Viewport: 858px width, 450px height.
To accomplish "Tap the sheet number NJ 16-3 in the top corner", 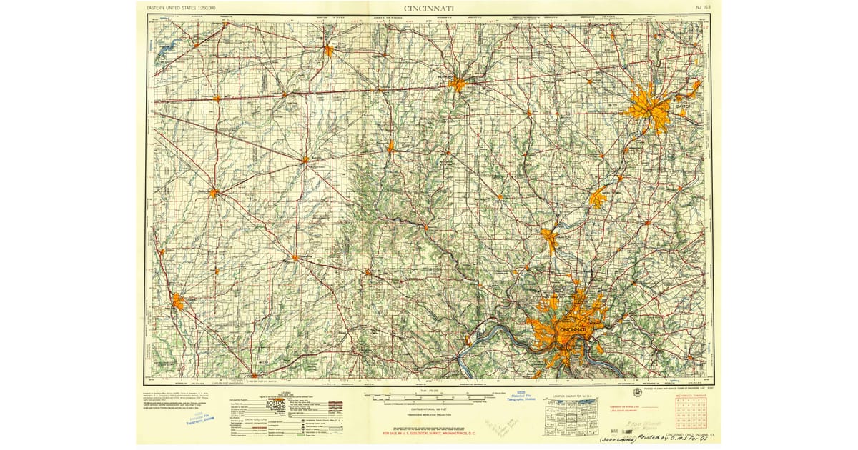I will (702, 8).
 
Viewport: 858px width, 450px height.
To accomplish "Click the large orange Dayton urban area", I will (649, 107).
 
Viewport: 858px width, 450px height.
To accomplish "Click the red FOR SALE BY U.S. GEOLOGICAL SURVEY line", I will (429, 433).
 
